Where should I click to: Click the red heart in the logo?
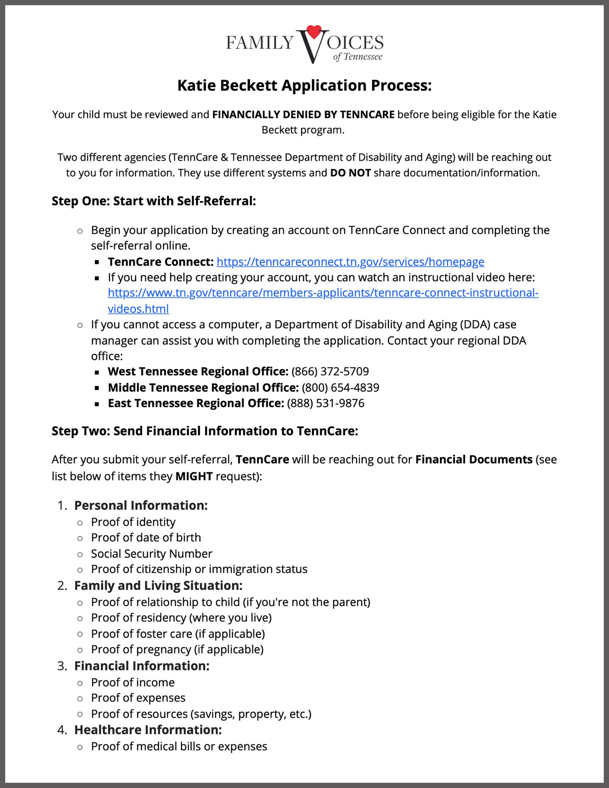[x=314, y=32]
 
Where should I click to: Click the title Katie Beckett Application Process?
[x=304, y=85]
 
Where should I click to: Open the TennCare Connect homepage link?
[x=350, y=262]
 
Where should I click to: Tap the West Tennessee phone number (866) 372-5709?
[x=330, y=372]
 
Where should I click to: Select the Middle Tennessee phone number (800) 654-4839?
[x=341, y=388]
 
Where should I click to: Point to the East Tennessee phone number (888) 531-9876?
[x=326, y=403]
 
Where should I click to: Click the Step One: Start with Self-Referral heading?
[x=154, y=201]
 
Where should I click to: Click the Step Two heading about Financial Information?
[x=205, y=431]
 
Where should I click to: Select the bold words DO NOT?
[x=350, y=173]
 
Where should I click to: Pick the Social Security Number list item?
[x=151, y=554]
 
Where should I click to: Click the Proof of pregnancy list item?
[x=177, y=649]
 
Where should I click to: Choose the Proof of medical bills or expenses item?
[x=179, y=746]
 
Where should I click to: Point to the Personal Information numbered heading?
[x=141, y=506]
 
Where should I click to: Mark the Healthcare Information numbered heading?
[x=148, y=730]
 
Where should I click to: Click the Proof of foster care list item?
[x=178, y=634]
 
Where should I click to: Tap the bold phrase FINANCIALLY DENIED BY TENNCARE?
[x=303, y=115]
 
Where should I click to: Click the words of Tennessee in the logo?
[x=358, y=57]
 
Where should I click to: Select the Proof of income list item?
[x=133, y=682]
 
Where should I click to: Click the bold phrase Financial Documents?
[x=474, y=460]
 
